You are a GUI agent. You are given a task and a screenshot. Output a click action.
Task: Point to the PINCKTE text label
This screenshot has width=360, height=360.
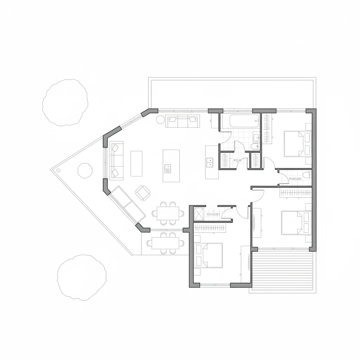(295, 179)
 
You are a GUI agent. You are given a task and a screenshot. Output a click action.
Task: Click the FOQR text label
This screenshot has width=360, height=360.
(238, 160)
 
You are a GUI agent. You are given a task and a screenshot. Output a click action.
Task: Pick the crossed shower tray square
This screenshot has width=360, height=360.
(199, 214)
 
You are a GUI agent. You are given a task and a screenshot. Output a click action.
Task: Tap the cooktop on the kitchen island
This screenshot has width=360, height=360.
(168, 168)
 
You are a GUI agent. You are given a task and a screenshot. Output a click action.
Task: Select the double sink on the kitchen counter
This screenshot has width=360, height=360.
(210, 162)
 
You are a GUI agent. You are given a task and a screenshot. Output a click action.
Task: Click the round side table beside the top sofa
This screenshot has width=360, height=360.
(160, 120)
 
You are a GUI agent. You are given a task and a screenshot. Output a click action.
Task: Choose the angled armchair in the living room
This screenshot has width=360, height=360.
(143, 192)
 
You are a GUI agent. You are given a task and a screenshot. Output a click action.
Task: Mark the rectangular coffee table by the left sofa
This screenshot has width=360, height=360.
(136, 163)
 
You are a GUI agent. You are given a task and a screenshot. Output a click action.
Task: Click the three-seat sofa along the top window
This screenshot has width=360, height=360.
(182, 121)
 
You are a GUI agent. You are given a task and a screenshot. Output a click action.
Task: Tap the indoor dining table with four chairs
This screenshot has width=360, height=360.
(168, 213)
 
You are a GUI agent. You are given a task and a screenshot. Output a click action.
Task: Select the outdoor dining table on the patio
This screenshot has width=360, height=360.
(168, 243)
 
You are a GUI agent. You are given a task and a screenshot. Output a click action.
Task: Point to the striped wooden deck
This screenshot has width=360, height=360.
(283, 271)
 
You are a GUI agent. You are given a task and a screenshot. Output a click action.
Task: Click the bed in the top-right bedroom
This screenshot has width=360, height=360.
(297, 143)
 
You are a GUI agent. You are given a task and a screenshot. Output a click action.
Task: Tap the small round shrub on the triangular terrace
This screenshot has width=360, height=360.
(85, 171)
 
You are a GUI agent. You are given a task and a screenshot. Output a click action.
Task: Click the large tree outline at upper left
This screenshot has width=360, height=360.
(65, 102)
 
